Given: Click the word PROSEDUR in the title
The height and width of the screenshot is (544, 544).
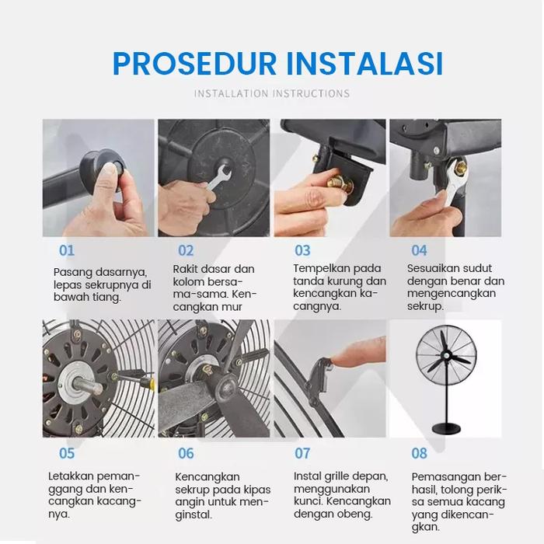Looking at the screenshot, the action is click(x=194, y=64).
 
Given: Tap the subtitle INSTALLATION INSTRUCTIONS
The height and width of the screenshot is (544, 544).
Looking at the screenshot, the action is click(x=272, y=94).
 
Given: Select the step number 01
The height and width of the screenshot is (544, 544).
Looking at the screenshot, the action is click(x=67, y=250).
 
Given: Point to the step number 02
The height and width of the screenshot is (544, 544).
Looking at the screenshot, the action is click(x=186, y=250).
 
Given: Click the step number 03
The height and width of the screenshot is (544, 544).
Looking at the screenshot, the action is click(x=302, y=250).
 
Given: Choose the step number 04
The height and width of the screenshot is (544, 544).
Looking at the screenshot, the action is click(x=419, y=250).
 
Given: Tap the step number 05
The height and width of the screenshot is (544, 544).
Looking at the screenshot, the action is click(x=67, y=453).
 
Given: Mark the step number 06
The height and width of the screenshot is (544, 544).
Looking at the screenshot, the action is click(x=186, y=453).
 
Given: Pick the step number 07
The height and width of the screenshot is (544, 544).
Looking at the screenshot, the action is click(x=302, y=453).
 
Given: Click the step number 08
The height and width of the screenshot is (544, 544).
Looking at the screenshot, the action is click(x=419, y=453).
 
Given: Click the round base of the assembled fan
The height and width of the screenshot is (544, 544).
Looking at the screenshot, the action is click(x=446, y=429).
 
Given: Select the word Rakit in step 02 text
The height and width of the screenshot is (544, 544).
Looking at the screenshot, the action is click(x=184, y=269).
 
